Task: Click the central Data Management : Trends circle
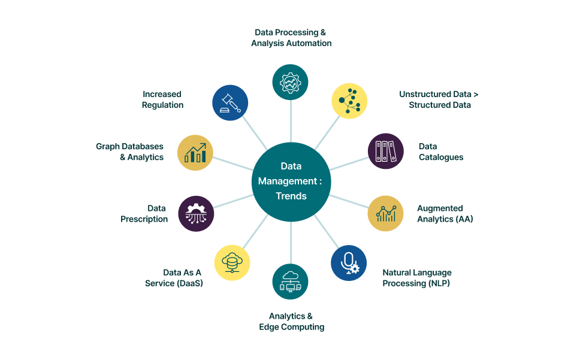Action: (x=291, y=181)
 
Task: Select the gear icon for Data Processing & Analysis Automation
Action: (x=291, y=82)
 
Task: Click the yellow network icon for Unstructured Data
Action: (x=349, y=101)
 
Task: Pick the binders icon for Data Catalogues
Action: (x=385, y=151)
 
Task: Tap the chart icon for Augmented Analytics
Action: (x=385, y=213)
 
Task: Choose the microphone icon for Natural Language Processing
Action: (x=349, y=262)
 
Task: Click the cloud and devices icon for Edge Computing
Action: (x=291, y=282)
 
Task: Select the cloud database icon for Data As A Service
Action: (x=232, y=262)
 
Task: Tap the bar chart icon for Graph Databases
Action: (x=195, y=152)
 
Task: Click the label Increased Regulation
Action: (x=162, y=99)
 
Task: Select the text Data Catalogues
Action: (x=441, y=152)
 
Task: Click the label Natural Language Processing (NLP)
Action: (x=417, y=278)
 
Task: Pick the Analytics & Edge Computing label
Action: (x=291, y=322)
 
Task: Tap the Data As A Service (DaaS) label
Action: (x=174, y=278)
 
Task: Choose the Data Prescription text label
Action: (x=144, y=214)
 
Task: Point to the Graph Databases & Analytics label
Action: (x=130, y=152)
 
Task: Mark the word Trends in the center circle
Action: (x=291, y=196)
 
